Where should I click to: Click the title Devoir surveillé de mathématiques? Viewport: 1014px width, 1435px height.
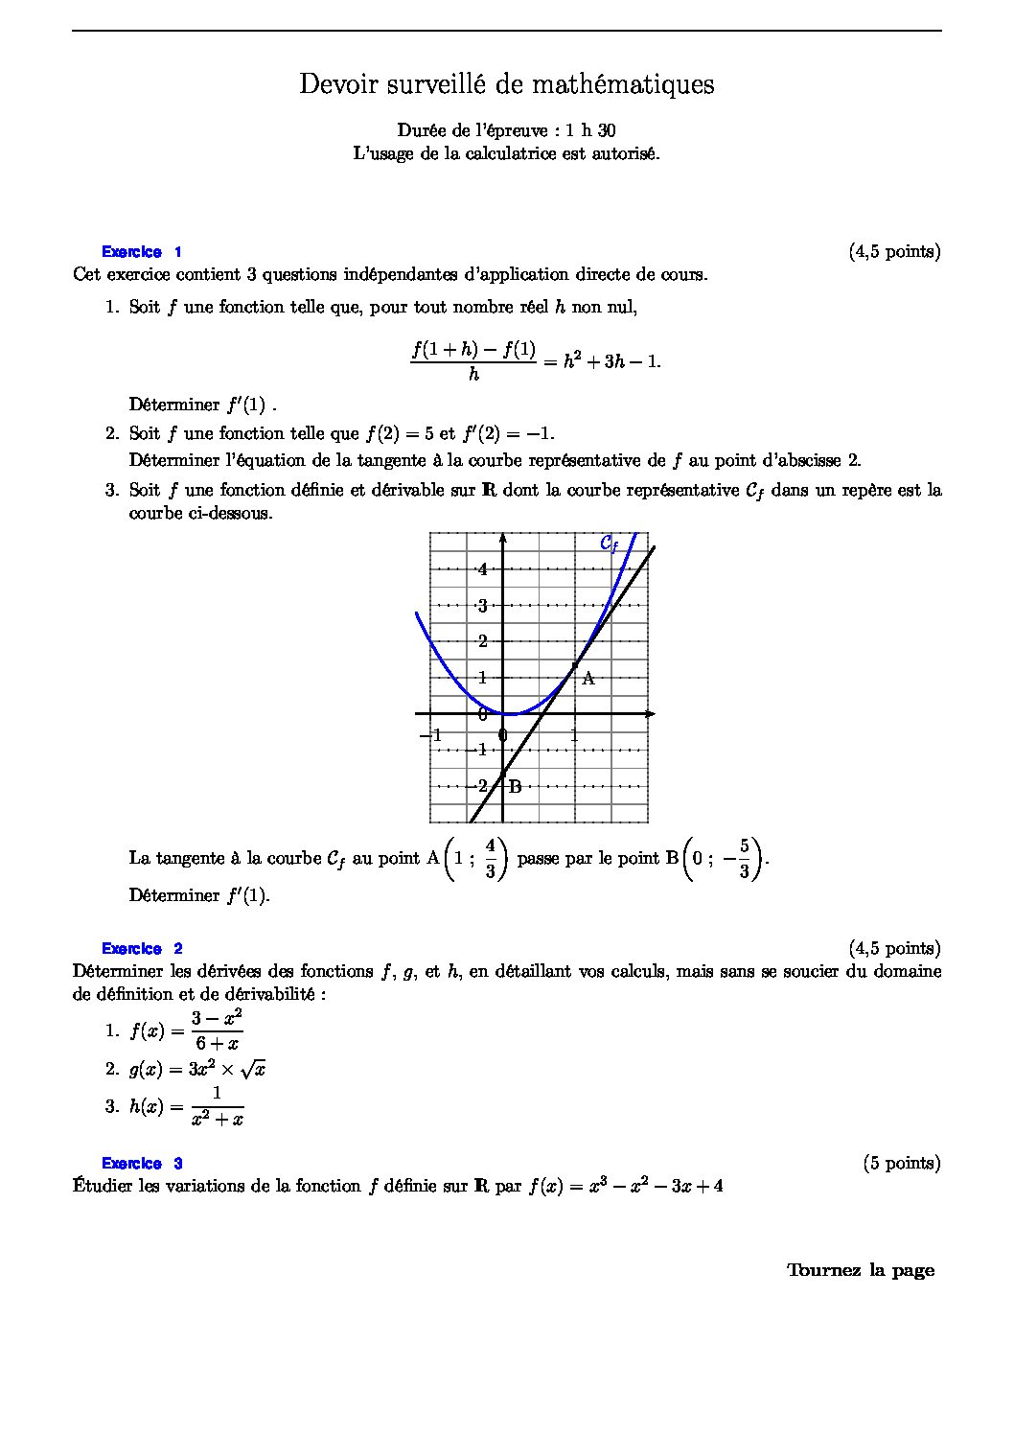506,84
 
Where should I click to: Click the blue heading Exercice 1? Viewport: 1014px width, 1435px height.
142,252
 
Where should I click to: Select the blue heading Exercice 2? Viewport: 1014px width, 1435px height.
142,949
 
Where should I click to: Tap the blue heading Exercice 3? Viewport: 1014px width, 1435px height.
142,1164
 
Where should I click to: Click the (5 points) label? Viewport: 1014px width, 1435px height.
901,1163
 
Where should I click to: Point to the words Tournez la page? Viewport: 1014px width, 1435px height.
860,1270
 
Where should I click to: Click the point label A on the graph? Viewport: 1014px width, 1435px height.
588,679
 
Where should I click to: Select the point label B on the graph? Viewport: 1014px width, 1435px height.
515,787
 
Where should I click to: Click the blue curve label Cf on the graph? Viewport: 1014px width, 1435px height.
609,544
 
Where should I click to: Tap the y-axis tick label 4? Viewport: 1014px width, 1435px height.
483,569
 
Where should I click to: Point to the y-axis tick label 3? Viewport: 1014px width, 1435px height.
483,606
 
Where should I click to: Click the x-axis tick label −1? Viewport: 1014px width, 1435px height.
430,735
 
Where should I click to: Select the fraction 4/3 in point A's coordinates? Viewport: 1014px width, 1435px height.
490,858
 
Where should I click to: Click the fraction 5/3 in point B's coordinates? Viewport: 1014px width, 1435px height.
743,859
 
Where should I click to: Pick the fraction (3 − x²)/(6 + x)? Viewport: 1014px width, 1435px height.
217,1030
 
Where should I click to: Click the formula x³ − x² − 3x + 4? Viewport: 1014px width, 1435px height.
656,1187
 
